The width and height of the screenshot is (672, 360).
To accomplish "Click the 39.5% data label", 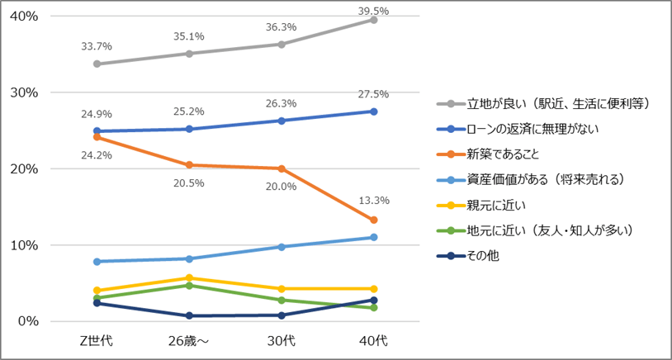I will [373, 11].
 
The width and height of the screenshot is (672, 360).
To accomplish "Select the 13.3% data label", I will [373, 200].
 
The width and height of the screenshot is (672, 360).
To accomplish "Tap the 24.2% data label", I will [97, 154].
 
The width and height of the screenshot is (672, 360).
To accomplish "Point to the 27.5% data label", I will [373, 94].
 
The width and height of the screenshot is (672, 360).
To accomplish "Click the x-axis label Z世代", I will [97, 341].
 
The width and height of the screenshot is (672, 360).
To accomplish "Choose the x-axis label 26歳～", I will [189, 341].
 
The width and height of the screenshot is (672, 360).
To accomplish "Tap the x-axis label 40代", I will [373, 341].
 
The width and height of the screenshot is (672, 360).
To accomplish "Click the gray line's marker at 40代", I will [373, 20].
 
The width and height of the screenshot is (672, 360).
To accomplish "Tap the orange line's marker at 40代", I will [373, 220].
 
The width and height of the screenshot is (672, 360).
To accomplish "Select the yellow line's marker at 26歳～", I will [189, 278].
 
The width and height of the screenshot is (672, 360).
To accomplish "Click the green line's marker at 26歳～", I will [189, 286].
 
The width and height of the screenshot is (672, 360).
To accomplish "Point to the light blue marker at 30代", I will [282, 247].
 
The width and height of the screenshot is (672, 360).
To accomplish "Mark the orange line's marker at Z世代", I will [97, 137].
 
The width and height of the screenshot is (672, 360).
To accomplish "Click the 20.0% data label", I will [282, 186].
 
